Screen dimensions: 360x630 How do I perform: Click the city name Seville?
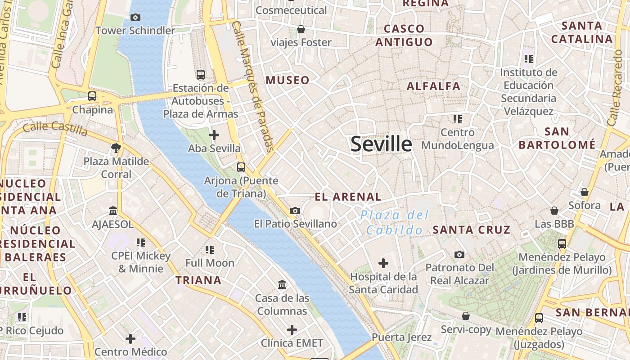point(381,144)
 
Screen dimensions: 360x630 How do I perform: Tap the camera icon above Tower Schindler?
point(135,18)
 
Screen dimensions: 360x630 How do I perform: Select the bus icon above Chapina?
point(92,96)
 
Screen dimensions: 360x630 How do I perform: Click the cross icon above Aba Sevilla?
point(214,135)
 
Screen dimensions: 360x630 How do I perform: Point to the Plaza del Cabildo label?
point(395,223)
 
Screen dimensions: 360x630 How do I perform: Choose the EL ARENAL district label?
point(348,197)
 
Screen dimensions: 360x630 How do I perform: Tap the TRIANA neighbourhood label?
point(198,280)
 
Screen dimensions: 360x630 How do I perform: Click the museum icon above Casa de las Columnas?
point(283,284)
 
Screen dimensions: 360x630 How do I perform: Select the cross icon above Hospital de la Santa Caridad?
point(383,263)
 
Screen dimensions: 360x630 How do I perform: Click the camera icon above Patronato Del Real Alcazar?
point(459,254)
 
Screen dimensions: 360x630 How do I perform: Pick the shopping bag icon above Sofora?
point(585,192)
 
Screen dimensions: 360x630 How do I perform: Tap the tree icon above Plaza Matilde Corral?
point(116,148)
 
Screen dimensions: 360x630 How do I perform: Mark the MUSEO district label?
point(288,81)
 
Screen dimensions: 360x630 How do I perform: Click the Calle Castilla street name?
point(55,128)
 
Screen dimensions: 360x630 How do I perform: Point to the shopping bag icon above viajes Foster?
point(301,29)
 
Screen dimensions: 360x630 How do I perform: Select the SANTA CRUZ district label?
point(472,230)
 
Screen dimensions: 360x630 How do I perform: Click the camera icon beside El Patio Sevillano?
point(295,211)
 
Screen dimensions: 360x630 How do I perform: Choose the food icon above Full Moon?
point(210,249)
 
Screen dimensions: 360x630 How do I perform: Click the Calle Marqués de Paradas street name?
point(253,85)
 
